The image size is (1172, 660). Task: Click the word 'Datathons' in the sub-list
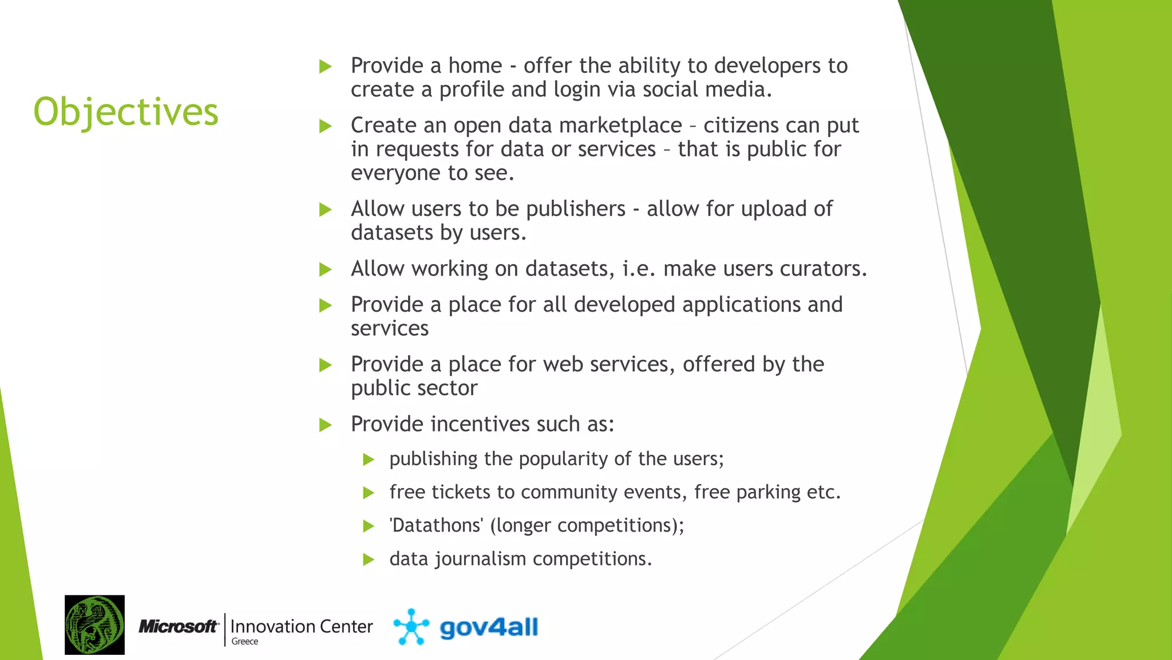click(x=437, y=525)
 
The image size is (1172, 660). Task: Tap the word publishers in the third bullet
click(x=576, y=209)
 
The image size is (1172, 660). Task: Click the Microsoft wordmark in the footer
click(x=179, y=626)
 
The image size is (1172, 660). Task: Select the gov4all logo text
click(x=489, y=628)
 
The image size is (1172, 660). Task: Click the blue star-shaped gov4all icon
click(x=411, y=627)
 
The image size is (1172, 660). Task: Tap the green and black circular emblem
click(x=94, y=625)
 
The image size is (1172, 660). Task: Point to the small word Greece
click(x=245, y=642)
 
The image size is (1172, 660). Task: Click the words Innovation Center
click(x=302, y=626)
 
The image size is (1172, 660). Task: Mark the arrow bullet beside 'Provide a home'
click(x=326, y=66)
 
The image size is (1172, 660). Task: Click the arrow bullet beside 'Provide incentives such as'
click(x=326, y=425)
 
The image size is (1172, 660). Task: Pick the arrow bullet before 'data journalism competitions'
click(x=369, y=559)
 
